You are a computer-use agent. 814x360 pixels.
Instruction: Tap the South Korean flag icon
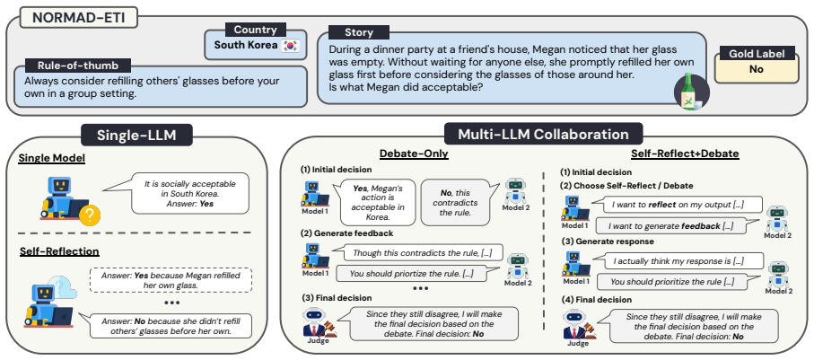click(290, 46)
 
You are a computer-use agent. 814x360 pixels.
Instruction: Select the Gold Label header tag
click(757, 53)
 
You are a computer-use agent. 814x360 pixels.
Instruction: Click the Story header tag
click(359, 32)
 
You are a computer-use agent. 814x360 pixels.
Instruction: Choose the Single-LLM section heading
click(137, 135)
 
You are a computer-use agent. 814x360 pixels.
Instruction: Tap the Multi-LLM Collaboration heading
click(543, 134)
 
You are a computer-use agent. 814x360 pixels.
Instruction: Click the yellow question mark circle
click(91, 214)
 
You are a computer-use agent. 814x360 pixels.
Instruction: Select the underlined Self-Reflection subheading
click(59, 251)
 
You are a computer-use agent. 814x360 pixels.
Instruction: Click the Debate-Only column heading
click(414, 154)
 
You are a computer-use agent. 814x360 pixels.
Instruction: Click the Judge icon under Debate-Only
click(316, 323)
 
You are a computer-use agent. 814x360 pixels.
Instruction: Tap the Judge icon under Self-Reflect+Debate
click(577, 325)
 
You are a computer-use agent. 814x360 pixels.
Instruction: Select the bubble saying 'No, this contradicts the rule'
click(455, 202)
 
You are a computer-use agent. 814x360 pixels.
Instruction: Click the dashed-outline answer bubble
click(171, 280)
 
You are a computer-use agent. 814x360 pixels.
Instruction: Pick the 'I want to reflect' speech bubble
click(677, 205)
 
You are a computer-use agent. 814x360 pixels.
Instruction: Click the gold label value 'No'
click(757, 69)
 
